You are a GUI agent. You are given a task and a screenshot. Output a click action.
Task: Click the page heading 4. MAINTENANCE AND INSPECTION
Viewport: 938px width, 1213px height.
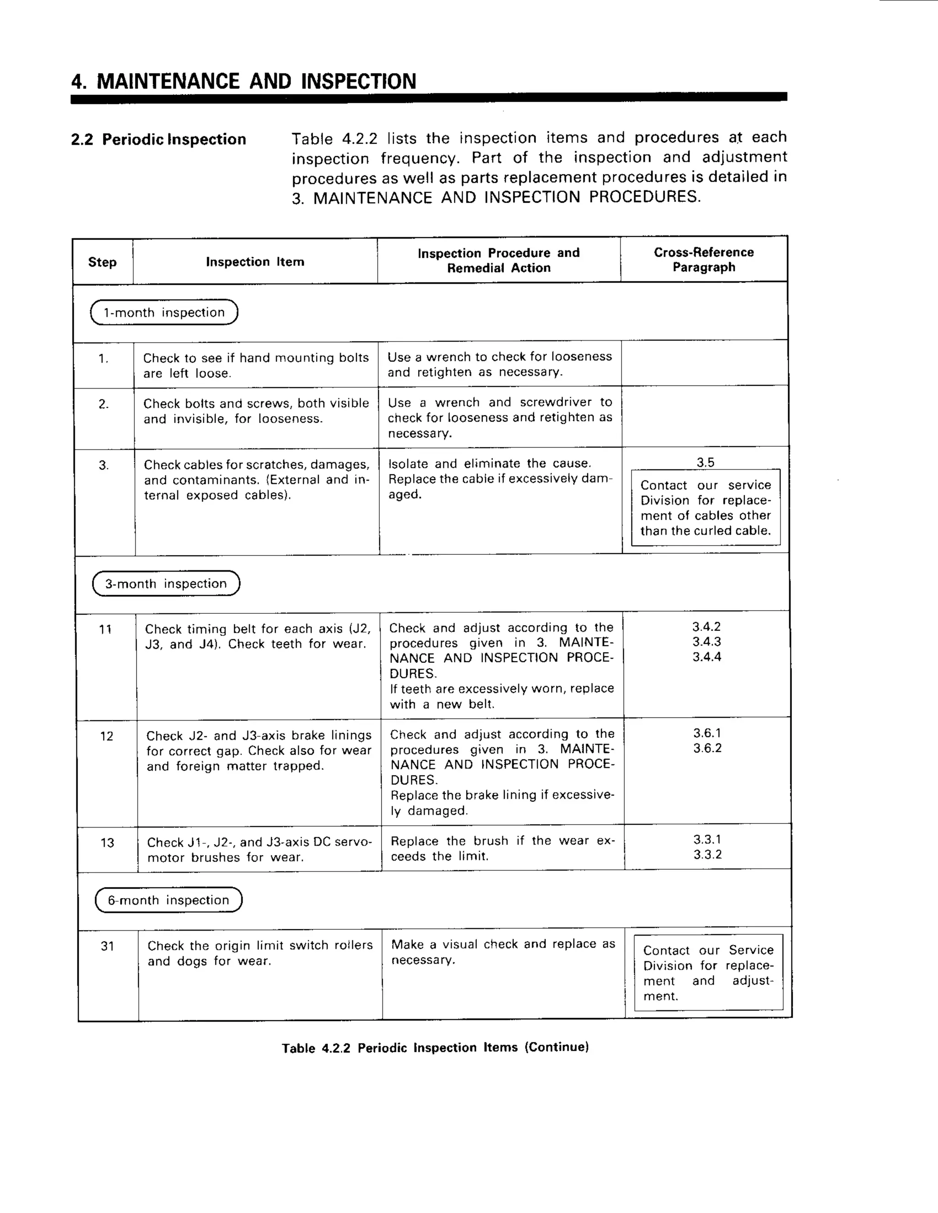[243, 81]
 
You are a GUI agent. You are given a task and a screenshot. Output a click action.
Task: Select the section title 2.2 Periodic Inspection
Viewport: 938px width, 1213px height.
[158, 140]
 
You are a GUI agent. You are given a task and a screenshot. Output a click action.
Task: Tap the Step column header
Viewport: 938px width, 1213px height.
[102, 262]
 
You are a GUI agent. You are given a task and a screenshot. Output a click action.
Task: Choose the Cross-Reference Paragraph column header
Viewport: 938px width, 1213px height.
[703, 260]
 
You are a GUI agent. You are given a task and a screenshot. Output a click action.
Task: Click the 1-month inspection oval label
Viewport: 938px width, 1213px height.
[164, 312]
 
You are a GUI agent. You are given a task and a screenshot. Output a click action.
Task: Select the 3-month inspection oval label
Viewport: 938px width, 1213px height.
[166, 584]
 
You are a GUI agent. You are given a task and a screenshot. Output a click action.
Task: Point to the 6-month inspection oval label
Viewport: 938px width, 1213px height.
[169, 900]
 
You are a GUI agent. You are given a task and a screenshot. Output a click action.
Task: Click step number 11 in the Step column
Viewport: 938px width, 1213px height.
[105, 629]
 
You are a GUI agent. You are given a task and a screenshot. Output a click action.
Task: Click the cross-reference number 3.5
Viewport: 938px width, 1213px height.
[705, 462]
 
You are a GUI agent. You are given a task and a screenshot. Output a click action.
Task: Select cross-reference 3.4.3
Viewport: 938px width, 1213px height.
[706, 641]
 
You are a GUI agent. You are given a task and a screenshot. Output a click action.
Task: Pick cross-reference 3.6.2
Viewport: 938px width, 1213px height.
[707, 748]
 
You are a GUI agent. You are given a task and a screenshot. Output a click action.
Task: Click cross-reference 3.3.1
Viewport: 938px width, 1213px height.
[707, 839]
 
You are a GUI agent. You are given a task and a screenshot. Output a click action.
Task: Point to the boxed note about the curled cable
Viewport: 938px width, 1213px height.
[706, 508]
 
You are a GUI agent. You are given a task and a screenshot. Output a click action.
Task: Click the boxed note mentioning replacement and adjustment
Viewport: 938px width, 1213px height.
[709, 973]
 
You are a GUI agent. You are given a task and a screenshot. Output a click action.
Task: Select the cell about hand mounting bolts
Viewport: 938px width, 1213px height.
[256, 365]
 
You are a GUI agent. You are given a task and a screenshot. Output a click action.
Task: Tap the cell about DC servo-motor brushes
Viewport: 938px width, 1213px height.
[259, 849]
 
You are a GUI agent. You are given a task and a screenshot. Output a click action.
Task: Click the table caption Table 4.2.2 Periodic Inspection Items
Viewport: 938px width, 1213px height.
[435, 1047]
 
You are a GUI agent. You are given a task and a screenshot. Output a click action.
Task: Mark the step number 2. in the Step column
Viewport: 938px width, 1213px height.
[104, 404]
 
